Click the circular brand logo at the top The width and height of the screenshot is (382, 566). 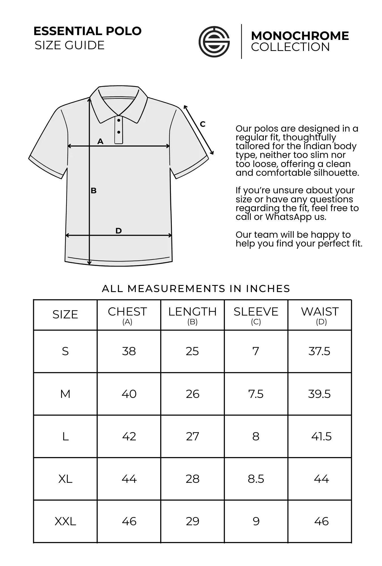(x=214, y=42)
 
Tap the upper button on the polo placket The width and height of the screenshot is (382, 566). (x=119, y=121)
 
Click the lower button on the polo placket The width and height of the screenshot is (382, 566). (x=119, y=132)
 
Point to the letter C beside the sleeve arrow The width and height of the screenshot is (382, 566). (x=203, y=124)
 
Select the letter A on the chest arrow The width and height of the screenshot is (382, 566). (x=100, y=141)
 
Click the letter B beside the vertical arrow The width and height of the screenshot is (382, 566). (x=94, y=191)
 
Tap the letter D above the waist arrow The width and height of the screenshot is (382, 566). (x=119, y=231)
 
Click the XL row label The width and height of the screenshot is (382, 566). (x=65, y=479)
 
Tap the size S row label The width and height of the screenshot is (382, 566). (x=65, y=351)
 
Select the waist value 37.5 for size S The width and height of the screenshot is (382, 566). (x=319, y=351)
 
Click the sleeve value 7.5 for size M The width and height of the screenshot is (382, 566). (x=256, y=394)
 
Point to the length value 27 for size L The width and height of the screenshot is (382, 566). (x=192, y=436)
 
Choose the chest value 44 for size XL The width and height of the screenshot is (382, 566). (x=129, y=479)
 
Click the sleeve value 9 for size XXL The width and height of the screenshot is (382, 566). (x=256, y=521)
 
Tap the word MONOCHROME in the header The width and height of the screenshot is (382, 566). (x=300, y=36)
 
